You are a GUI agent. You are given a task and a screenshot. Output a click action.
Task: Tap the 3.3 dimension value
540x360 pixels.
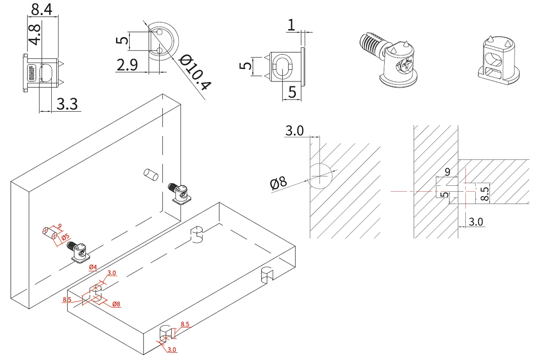point(67,104)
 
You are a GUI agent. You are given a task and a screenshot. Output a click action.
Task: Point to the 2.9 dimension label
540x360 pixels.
point(126,66)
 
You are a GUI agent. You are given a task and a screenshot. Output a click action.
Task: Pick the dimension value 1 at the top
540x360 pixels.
point(291,25)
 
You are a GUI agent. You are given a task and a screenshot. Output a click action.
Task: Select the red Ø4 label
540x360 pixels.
point(93,268)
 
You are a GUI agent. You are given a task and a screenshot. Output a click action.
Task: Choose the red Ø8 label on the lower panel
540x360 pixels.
point(116,304)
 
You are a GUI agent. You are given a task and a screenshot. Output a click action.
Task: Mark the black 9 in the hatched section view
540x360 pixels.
point(447,171)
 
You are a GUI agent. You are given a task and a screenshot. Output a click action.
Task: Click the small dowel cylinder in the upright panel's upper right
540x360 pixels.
point(149,174)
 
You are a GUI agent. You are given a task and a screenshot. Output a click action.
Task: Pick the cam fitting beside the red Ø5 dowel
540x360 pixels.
point(80,252)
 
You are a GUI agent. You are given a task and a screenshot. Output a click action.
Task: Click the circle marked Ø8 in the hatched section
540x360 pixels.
point(319,175)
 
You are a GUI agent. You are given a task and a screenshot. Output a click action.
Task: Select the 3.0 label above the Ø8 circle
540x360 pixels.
point(294,130)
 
